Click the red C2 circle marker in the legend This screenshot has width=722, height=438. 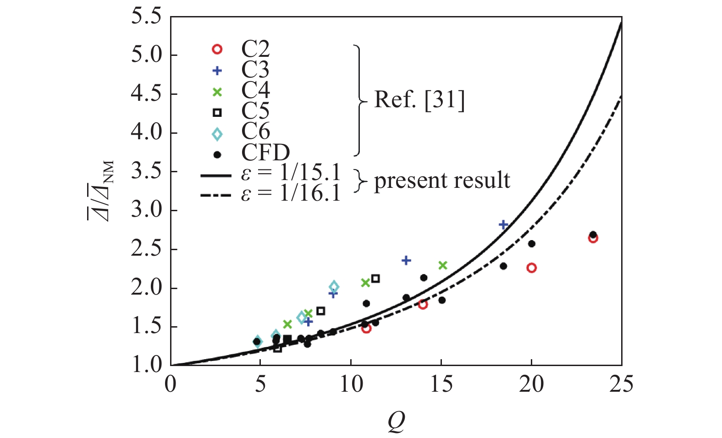point(217,49)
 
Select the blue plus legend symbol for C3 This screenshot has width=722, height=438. point(217,71)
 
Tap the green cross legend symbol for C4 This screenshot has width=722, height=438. point(217,92)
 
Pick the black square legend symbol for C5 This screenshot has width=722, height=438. point(217,113)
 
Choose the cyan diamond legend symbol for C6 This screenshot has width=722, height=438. point(217,134)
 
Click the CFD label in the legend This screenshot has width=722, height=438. point(265,153)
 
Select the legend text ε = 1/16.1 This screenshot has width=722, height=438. point(291,194)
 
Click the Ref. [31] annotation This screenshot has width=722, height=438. point(419,99)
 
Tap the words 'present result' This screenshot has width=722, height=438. point(442,180)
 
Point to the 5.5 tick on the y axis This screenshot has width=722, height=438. point(146,17)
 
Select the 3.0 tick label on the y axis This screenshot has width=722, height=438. point(146,210)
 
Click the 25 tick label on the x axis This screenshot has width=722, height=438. point(621,384)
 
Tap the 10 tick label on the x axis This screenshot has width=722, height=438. point(351,384)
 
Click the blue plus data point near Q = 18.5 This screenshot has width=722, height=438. point(503,224)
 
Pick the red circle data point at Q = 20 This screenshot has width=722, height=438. point(531,268)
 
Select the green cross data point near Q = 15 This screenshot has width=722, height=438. point(442,265)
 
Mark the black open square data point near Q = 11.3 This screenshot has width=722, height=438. point(375,279)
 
